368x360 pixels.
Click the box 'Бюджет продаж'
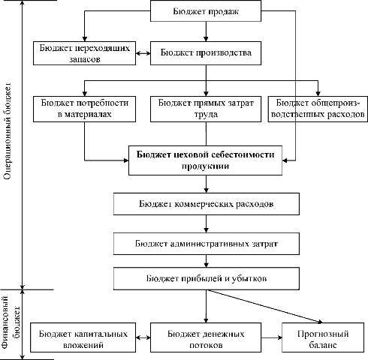[x=206, y=10]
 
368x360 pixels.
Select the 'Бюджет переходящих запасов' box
[x=85, y=53]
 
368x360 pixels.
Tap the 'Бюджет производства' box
[x=206, y=53]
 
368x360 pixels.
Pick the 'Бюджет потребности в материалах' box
[x=85, y=109]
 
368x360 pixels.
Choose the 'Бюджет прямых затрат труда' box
[x=206, y=109]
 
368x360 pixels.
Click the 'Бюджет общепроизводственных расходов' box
[x=318, y=109]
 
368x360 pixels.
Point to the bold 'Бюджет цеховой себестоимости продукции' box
[x=205, y=160]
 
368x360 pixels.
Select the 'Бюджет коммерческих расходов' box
[x=207, y=204]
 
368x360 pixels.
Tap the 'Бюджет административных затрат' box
[x=207, y=244]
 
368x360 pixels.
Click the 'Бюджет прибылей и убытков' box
[x=207, y=278]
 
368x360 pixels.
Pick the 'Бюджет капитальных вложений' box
[x=83, y=337]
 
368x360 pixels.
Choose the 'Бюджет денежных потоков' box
[x=206, y=337]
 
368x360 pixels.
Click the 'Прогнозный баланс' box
[x=323, y=337]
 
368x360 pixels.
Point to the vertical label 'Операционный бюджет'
[x=8, y=130]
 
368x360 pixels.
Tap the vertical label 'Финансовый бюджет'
[x=11, y=322]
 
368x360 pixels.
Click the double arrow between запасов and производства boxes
[x=143, y=53]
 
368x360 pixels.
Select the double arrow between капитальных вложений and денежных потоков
[x=143, y=337]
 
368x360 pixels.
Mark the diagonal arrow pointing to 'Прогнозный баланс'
[x=264, y=307]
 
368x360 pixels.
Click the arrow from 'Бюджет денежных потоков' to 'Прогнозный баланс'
[x=272, y=337]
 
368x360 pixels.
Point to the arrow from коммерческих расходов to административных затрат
[x=207, y=223]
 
